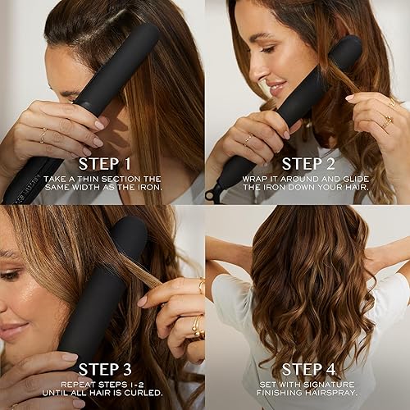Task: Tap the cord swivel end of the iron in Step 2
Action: pyautogui.click(x=215, y=194)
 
